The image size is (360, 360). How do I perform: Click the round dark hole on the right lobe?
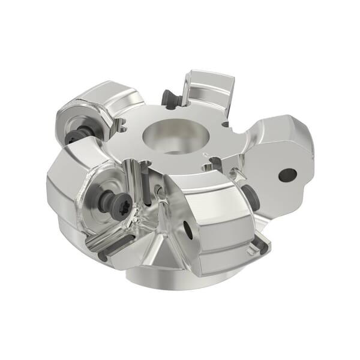coord(287,175)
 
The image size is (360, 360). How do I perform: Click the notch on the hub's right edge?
coord(226,125)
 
